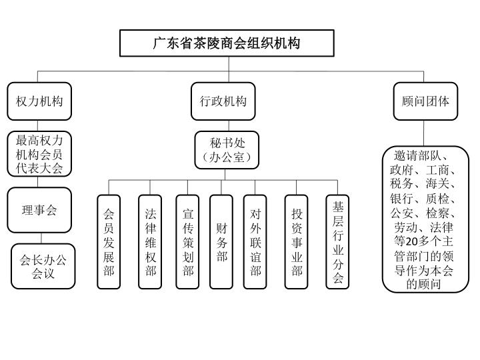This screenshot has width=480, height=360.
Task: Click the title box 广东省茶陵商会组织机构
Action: click(x=227, y=43)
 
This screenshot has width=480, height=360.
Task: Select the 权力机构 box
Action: click(x=39, y=101)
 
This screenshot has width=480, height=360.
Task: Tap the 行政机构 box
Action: click(x=223, y=101)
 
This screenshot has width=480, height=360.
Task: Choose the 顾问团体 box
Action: click(x=425, y=101)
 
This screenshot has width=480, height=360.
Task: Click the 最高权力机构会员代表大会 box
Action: click(x=39, y=154)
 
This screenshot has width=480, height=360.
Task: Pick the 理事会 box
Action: click(x=39, y=210)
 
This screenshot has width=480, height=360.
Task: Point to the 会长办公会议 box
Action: click(x=43, y=266)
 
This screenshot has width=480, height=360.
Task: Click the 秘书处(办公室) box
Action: click(x=227, y=150)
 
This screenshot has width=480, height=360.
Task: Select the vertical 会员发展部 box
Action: click(x=109, y=242)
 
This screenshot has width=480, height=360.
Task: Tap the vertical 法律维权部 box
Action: click(x=150, y=242)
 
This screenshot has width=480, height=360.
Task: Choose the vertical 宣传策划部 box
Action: click(x=187, y=242)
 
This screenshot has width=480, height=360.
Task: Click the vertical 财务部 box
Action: click(x=221, y=242)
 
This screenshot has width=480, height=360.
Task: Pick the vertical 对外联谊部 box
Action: click(x=255, y=242)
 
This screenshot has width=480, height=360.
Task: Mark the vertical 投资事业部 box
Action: click(x=296, y=242)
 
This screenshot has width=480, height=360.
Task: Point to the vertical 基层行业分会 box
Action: click(x=337, y=242)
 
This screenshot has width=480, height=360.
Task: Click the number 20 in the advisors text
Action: click(x=412, y=241)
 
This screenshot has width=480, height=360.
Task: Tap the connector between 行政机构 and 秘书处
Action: click(x=229, y=126)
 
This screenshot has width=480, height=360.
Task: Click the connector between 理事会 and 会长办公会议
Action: click(x=41, y=239)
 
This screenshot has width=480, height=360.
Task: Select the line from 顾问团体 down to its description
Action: click(x=424, y=133)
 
